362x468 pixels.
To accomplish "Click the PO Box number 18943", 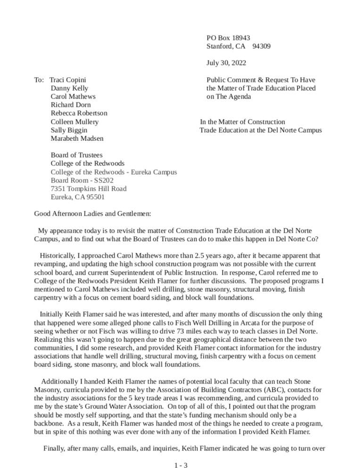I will tap(241, 38).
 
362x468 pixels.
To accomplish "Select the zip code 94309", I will tap(262, 46).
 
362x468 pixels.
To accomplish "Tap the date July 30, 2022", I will tap(226, 63).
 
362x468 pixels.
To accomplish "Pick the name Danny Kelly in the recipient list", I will tap(69, 88).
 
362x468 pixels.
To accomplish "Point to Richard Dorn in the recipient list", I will tap(71, 105).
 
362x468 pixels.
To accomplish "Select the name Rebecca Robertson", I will tap(79, 113).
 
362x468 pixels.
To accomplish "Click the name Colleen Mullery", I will tap(74, 121).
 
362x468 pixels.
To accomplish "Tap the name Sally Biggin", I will tap(69, 130).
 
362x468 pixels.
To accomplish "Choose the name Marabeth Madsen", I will tap(77, 138).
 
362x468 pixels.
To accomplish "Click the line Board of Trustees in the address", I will tap(77, 155).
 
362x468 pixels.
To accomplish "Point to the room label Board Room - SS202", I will tap(82, 180).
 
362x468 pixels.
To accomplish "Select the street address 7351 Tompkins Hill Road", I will tap(89, 189).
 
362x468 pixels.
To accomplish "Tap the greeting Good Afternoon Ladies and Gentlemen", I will tap(93, 214).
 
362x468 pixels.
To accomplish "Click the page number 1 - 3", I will tap(181, 466).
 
